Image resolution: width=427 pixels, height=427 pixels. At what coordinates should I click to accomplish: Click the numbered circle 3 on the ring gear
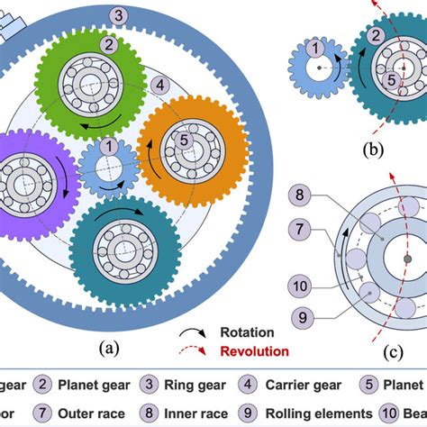pyautogui.click(x=119, y=15)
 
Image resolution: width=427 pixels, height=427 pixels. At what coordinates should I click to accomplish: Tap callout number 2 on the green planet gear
pyautogui.click(x=108, y=43)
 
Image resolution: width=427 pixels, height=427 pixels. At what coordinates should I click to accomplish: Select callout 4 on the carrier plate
pyautogui.click(x=159, y=86)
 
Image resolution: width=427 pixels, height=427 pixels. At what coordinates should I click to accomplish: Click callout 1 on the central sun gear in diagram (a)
pyautogui.click(x=109, y=145)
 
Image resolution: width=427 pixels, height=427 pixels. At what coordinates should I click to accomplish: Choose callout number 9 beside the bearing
pyautogui.click(x=303, y=317)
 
